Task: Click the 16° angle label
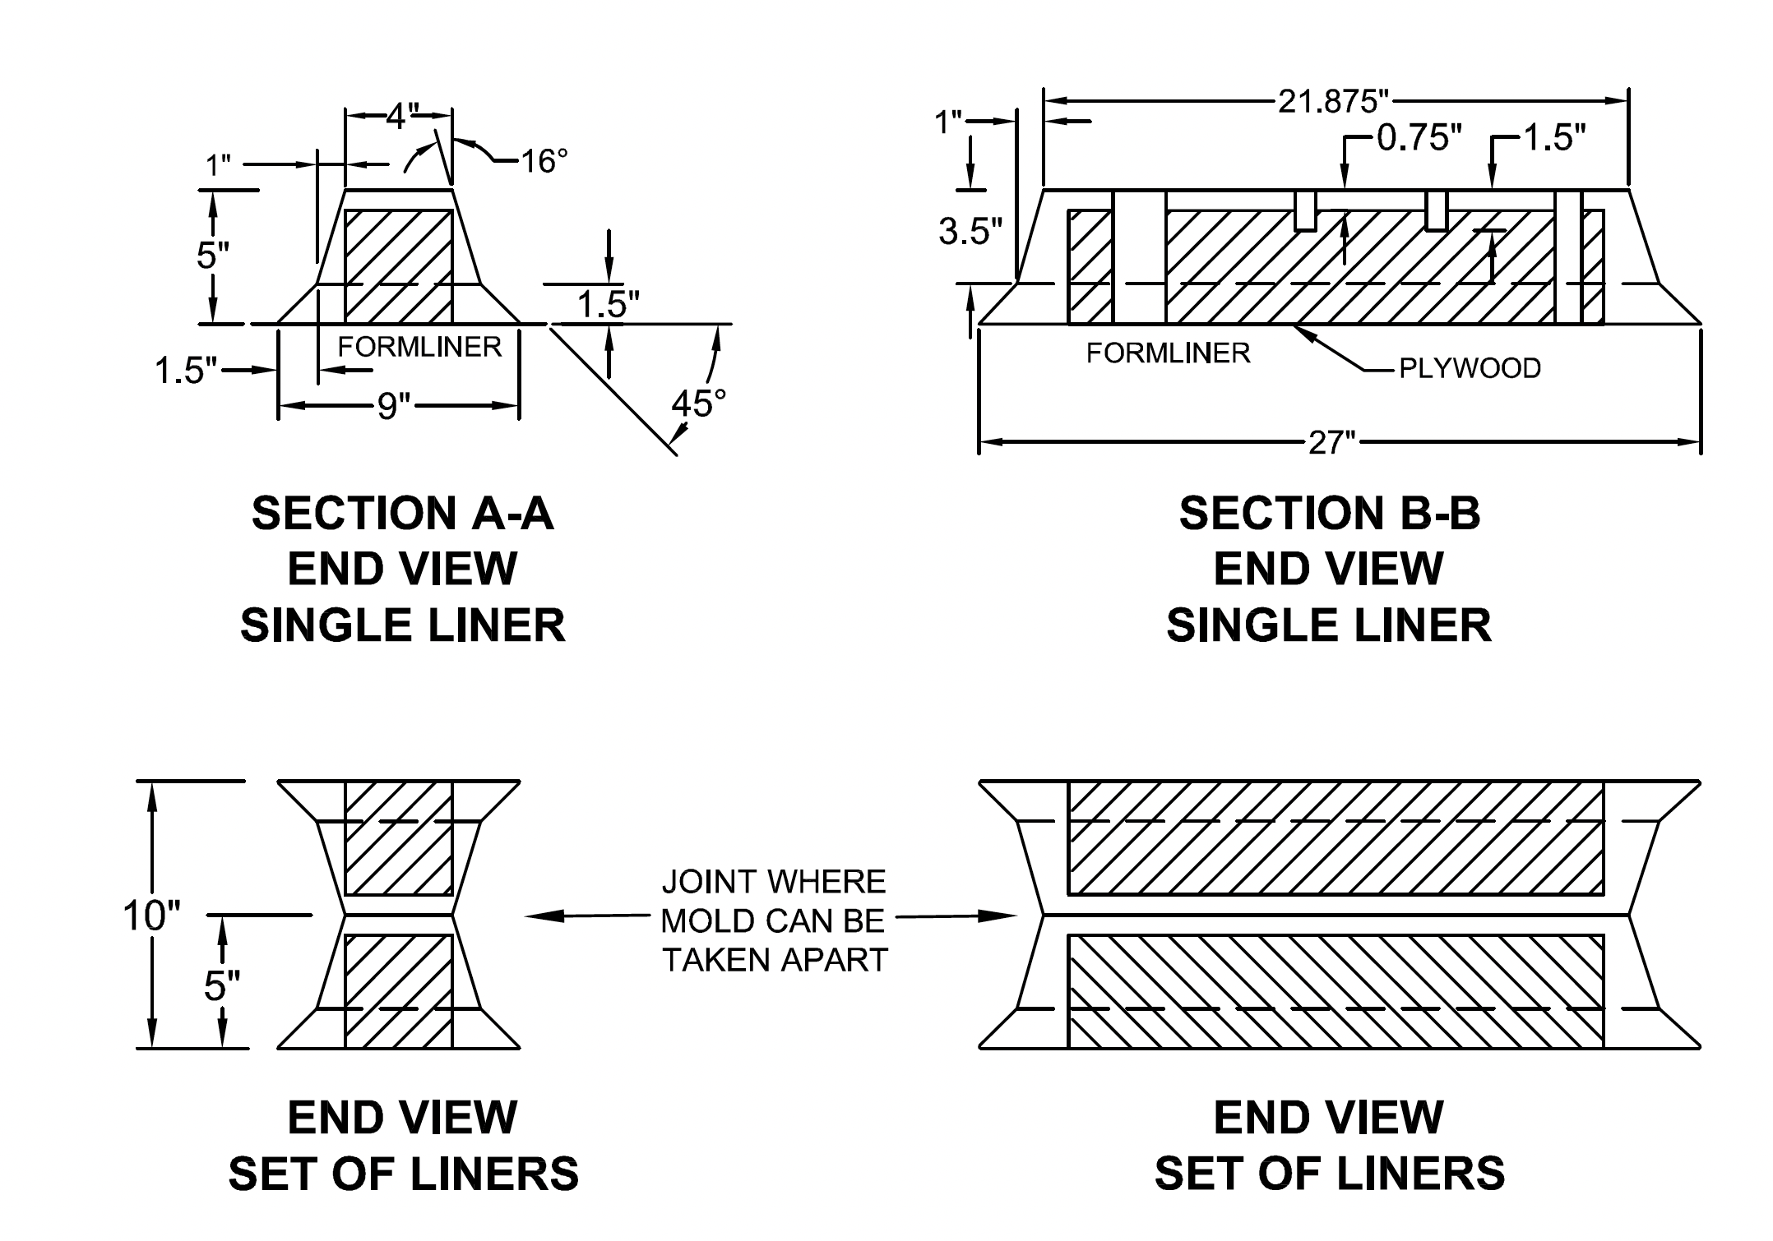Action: [544, 161]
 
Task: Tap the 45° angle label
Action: [698, 404]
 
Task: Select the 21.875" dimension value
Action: [1332, 101]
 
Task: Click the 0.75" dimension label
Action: [1419, 138]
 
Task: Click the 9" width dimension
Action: [394, 406]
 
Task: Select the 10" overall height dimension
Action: [151, 916]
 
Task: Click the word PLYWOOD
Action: [1470, 369]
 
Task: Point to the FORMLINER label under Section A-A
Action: [419, 347]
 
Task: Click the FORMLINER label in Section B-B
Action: [1168, 353]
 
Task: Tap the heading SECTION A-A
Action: [402, 513]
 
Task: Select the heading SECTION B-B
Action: [1329, 513]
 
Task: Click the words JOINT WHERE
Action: [774, 882]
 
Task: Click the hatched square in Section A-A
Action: [398, 265]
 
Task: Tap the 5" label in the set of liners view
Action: [222, 986]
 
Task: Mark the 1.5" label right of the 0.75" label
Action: [1553, 138]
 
